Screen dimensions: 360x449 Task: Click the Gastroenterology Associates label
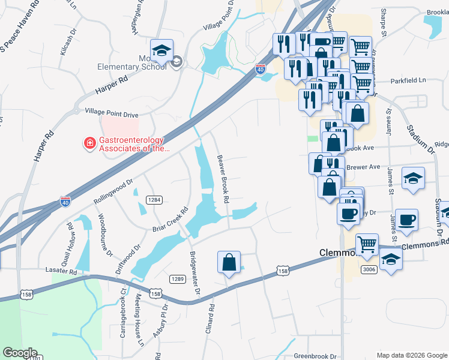pyautogui.click(x=134, y=143)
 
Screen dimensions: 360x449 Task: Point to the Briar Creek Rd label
pyautogui.click(x=170, y=220)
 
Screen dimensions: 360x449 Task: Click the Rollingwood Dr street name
pyautogui.click(x=113, y=191)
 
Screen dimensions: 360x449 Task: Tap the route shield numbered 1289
pyautogui.click(x=176, y=279)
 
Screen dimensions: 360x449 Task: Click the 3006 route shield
pyautogui.click(x=369, y=271)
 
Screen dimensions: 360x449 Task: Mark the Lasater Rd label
pyautogui.click(x=61, y=272)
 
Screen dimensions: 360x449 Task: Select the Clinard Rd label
pyautogui.click(x=211, y=314)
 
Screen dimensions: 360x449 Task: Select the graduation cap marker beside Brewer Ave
pyautogui.click(x=412, y=179)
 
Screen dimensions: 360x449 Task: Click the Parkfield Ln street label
pyautogui.click(x=408, y=80)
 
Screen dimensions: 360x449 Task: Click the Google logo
pyautogui.click(x=21, y=353)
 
